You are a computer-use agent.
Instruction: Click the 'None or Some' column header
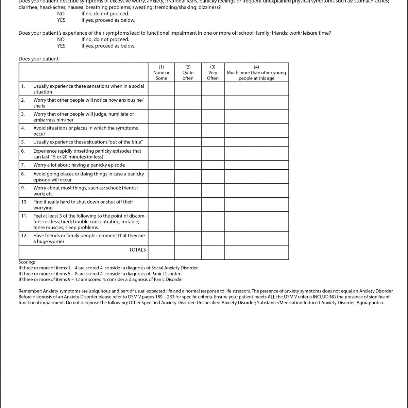click(x=161, y=72)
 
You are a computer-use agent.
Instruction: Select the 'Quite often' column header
click(x=188, y=72)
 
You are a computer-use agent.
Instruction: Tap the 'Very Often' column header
click(x=213, y=72)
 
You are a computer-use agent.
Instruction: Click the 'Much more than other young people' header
click(x=256, y=72)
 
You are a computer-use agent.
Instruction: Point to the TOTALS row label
click(x=137, y=250)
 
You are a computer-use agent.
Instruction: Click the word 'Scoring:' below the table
click(x=27, y=262)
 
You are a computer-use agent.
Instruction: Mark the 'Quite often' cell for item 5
click(x=188, y=142)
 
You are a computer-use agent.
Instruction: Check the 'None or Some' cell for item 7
click(x=161, y=165)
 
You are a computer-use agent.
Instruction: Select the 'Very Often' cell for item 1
click(x=213, y=89)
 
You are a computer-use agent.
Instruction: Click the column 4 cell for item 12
click(x=256, y=239)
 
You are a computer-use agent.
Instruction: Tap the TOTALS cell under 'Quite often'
click(x=188, y=253)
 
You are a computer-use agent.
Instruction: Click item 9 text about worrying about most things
click(x=85, y=191)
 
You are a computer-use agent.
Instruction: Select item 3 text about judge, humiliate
click(x=84, y=117)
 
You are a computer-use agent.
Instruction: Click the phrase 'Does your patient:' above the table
click(x=39, y=59)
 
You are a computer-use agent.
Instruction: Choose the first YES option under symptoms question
click(x=61, y=20)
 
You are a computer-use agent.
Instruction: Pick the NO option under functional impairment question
click(x=61, y=39)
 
